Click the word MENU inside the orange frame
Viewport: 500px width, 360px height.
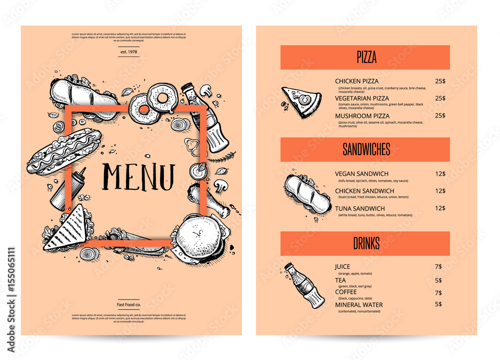138,176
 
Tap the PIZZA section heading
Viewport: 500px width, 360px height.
366,57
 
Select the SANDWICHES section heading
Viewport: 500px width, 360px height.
366,149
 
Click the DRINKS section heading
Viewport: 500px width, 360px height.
366,243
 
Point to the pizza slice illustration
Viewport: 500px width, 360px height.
301,102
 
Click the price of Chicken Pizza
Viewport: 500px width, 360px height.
440,81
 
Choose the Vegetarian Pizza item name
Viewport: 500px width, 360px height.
362,98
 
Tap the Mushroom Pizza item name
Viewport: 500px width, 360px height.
362,116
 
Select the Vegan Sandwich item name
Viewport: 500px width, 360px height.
361,173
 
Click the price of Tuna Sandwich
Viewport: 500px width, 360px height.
440,208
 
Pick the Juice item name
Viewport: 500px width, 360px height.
342,266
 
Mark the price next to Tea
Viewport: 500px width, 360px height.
438,280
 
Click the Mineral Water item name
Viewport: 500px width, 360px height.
358,304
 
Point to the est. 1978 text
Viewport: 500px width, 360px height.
128,51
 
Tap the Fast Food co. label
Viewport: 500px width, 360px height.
128,304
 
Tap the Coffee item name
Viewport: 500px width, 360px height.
346,292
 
